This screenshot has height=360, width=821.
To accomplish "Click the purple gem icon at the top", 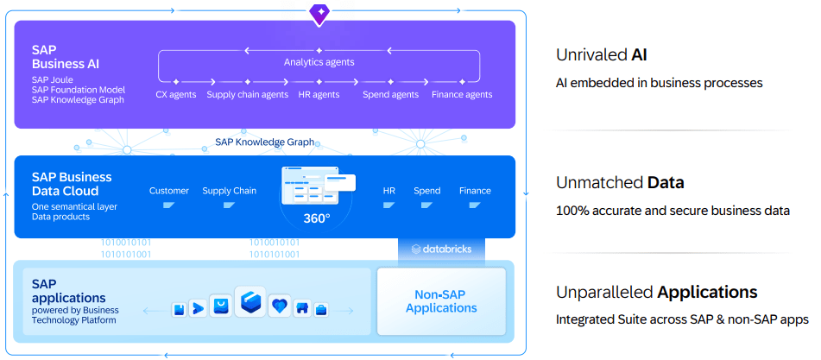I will point(319,12).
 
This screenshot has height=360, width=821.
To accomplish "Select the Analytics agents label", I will point(319,62).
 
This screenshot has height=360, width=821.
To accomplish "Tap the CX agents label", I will point(175,95).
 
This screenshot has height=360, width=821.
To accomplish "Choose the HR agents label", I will point(319,95).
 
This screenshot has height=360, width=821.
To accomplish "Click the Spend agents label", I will point(390,95).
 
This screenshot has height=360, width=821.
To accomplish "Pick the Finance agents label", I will point(462,95).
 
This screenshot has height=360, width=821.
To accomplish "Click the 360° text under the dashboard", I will point(317,218).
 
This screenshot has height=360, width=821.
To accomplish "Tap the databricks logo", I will point(442,249).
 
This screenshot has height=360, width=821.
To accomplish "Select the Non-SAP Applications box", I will point(441,301).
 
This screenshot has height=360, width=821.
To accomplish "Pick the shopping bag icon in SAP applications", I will point(220,306).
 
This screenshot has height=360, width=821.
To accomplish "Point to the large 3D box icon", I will point(250,304).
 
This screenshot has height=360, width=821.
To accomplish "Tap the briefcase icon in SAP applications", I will point(321,309).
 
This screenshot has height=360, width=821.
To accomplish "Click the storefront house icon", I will point(302,308).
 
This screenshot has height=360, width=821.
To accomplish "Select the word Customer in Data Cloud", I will point(169,191).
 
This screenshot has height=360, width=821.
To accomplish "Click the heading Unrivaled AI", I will point(601,55).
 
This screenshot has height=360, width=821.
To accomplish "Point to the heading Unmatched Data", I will point(620,182).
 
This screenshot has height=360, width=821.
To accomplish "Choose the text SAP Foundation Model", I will point(79,90).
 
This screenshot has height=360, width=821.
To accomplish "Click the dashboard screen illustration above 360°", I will point(317,185).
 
